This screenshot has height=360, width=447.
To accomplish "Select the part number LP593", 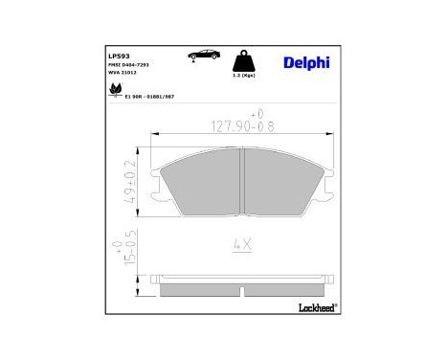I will point(118,55).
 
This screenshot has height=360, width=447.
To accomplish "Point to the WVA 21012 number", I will point(123,72).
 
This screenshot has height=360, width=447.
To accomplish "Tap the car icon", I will point(204,55).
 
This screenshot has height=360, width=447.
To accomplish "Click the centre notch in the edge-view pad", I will point(243,285).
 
